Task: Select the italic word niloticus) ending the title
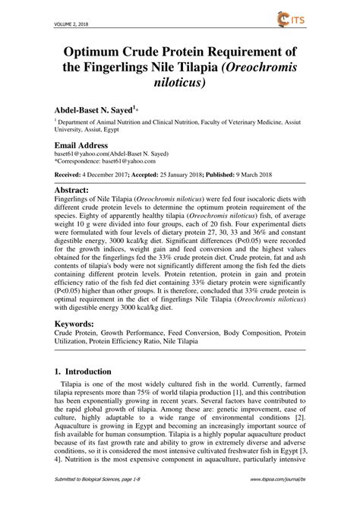179,79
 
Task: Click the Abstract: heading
78,189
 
